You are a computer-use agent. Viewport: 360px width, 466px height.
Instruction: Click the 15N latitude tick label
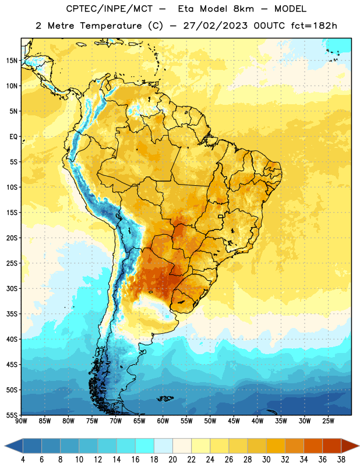coord(12,61)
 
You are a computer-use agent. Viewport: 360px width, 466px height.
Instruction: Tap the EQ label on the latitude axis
coord(13,137)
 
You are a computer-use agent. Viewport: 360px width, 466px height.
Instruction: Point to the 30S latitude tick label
coord(12,288)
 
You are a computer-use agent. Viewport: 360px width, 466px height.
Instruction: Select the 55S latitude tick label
coord(12,415)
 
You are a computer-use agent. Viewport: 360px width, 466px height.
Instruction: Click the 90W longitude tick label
coord(21,421)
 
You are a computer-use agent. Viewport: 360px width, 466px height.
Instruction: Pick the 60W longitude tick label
coord(163,421)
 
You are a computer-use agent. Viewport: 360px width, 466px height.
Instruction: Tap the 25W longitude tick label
coord(328,421)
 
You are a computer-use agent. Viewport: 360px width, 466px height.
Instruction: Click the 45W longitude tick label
coord(234,421)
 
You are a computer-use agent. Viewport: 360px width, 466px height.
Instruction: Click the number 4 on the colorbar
coord(23,460)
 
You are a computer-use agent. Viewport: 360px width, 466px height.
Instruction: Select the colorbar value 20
coord(172,460)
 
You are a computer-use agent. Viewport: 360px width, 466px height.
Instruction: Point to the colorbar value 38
coord(341,460)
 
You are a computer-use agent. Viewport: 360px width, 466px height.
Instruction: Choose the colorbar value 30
coord(266,460)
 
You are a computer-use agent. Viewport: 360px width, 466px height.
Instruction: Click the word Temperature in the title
coord(111,26)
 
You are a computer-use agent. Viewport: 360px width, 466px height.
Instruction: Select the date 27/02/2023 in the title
coord(215,26)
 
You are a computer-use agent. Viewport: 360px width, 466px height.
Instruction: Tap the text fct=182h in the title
coord(314,26)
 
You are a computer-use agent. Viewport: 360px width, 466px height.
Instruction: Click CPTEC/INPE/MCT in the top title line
coord(110,9)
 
